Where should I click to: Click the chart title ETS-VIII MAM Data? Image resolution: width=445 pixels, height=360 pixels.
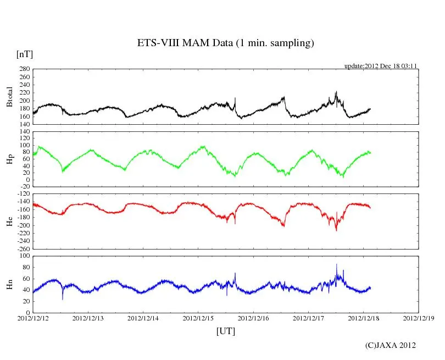(x=225, y=43)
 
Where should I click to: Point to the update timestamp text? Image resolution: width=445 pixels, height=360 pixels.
(x=381, y=66)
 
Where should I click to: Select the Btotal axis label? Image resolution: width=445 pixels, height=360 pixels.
(x=9, y=97)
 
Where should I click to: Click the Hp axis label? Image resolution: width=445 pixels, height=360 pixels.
(x=9, y=159)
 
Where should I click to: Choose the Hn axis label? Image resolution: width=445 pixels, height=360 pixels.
(x=9, y=284)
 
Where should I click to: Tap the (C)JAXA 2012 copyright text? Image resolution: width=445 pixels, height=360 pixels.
(x=390, y=345)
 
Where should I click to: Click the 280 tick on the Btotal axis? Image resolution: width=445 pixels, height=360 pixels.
(x=24, y=69)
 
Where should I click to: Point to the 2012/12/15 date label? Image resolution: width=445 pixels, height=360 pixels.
(x=198, y=318)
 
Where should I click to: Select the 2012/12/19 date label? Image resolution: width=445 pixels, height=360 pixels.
(x=419, y=318)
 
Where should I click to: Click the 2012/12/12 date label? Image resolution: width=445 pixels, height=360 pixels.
(x=33, y=318)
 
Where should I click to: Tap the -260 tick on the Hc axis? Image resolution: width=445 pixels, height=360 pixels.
(x=21, y=248)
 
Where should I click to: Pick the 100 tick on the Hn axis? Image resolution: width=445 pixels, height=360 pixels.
(x=24, y=256)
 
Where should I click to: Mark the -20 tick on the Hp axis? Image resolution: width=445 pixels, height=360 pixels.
(x=24, y=186)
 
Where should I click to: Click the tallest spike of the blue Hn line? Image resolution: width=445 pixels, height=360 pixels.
(x=337, y=265)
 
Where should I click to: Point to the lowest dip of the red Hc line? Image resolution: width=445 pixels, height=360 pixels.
(x=336, y=230)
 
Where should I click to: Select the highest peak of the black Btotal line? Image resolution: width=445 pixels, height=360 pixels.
(x=336, y=92)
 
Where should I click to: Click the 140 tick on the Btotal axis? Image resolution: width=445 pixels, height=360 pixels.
(x=24, y=124)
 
